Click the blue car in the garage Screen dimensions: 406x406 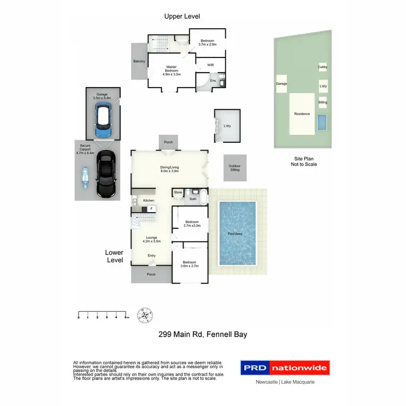102,121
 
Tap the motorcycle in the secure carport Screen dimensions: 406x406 85,176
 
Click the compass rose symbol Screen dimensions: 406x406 145,315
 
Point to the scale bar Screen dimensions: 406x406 102,313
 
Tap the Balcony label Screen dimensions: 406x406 139,62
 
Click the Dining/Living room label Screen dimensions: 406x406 169,168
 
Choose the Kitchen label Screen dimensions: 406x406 148,200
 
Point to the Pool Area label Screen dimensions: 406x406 235,234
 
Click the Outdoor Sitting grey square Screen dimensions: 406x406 235,168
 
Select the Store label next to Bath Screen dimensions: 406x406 178,193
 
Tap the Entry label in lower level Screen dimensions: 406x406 152,256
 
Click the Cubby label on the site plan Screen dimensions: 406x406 323,67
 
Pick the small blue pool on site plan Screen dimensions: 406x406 323,122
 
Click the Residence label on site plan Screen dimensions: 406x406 302,114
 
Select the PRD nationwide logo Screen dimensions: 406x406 284,368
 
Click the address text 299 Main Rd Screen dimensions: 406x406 202,334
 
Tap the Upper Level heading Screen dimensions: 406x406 180,17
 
